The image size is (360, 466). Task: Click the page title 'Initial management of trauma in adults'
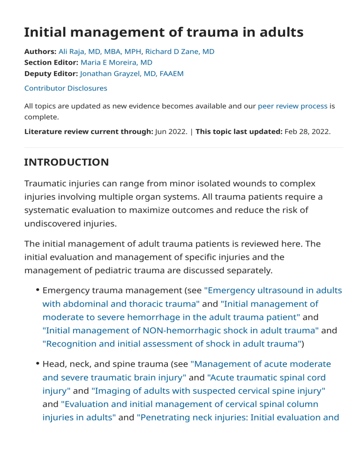pos(164,32)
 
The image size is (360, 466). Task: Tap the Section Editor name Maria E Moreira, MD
pos(116,62)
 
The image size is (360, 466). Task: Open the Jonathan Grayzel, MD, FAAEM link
pos(132,73)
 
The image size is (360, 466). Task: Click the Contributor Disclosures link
pos(66,88)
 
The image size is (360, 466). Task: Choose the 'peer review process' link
pos(292,106)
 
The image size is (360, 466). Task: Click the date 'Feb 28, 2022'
pos(307,131)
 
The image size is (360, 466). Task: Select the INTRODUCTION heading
pos(67,162)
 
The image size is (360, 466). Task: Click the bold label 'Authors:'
pos(40,52)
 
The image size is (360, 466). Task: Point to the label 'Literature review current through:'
pos(89,131)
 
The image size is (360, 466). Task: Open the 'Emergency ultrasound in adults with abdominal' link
pos(273,290)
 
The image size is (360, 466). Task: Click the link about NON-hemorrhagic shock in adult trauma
pos(180,330)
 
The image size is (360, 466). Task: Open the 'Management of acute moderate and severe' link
pos(261,364)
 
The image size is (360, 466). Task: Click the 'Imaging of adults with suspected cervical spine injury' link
pos(208,391)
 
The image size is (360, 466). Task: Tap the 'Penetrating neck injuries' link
pos(238,417)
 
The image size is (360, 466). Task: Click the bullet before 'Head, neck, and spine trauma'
pos(37,364)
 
